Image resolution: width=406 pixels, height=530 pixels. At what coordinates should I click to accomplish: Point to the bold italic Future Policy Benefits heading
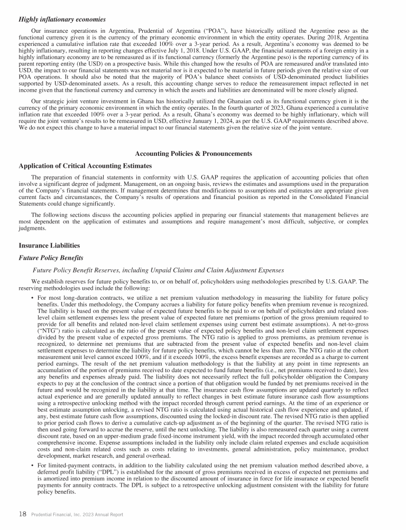coord(51,258)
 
